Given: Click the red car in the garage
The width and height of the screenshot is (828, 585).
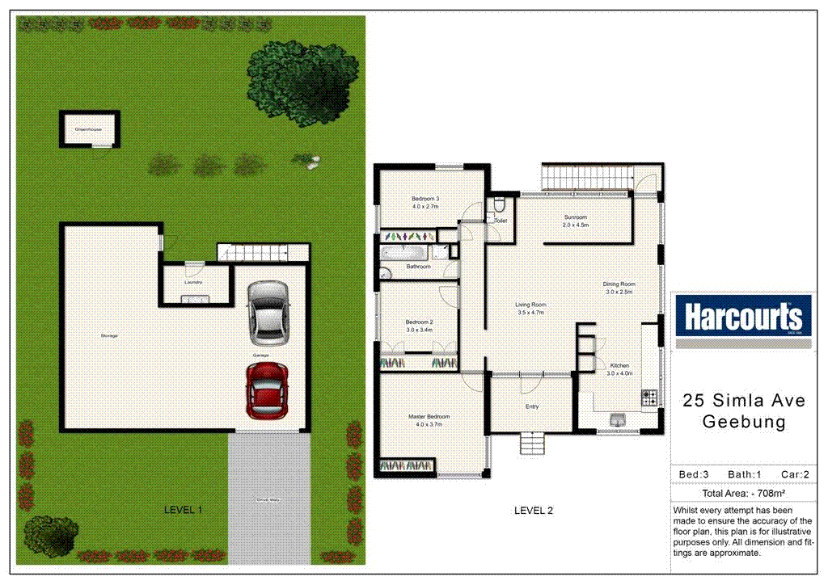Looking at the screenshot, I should pyautogui.click(x=268, y=389).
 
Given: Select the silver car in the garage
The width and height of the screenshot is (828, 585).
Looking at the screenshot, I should pyautogui.click(x=268, y=312).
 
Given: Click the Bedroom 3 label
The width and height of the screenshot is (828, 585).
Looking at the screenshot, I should pyautogui.click(x=425, y=199).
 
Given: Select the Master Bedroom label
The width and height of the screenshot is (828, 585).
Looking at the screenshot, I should pyautogui.click(x=429, y=417).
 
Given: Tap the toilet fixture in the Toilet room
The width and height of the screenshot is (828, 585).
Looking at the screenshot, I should pyautogui.click(x=499, y=205).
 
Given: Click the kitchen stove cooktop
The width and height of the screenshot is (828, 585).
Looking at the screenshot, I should pyautogui.click(x=649, y=398).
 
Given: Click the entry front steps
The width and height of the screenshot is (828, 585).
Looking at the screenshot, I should pyautogui.click(x=530, y=444).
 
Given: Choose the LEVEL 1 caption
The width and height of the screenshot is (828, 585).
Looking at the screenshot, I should pyautogui.click(x=183, y=510).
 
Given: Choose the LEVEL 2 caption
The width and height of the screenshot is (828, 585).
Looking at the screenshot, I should pyautogui.click(x=534, y=511).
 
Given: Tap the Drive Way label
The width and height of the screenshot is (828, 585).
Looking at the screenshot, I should pyautogui.click(x=268, y=500).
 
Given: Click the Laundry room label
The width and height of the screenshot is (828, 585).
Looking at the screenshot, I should pyautogui.click(x=192, y=282).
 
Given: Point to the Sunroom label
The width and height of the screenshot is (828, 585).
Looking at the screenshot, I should pyautogui.click(x=576, y=217).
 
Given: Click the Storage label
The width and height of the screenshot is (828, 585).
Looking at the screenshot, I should pyautogui.click(x=108, y=335).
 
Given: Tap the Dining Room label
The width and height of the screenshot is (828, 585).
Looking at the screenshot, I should pyautogui.click(x=619, y=284).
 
